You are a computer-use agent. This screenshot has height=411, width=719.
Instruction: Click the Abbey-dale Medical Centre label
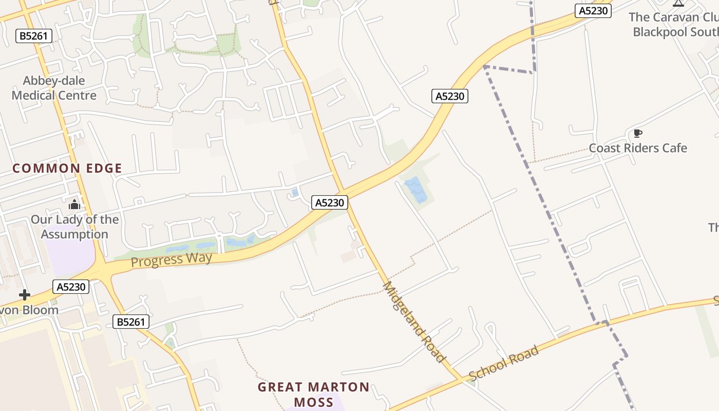pos(54,88)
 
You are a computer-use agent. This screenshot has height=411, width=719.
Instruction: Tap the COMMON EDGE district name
pos(67,169)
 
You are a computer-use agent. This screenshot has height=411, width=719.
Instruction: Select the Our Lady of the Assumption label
pos(74,227)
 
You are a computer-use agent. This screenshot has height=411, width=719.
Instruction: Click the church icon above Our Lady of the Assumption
pos(74,205)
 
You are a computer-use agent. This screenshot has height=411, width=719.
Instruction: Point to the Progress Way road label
pos(172,259)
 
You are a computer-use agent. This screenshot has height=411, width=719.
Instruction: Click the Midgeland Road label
pos(413,322)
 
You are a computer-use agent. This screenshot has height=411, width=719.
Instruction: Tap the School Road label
pos(504,363)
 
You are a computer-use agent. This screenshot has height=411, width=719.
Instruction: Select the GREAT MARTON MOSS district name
pos(313,394)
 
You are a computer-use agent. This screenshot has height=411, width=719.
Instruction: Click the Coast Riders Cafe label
pos(638,148)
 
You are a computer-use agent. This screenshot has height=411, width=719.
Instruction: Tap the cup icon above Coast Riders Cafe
pos(638,134)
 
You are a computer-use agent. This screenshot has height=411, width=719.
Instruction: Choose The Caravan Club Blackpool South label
pos(673,24)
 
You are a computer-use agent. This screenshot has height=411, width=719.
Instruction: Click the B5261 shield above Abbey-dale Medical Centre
pos(34,36)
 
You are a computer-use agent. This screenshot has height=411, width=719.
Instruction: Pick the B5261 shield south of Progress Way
pos(131,322)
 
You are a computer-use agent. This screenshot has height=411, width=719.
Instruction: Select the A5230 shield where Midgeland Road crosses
pos(330,203)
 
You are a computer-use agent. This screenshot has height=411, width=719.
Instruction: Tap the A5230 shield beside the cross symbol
pos(71,287)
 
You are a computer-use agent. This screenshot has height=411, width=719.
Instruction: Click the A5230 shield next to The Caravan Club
pos(593,11)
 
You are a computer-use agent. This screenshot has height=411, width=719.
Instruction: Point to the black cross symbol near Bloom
pos(24,295)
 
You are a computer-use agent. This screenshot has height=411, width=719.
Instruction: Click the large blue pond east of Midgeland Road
pos(416,190)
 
